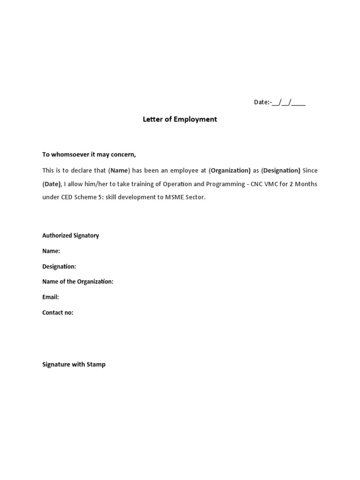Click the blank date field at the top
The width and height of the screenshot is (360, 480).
coord(288,102)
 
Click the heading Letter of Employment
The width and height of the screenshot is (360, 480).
coord(180,119)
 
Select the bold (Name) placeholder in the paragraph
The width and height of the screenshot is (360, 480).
coord(119,170)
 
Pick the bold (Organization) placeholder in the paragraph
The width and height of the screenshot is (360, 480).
coord(230,170)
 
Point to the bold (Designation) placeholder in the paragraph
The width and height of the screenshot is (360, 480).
coord(281,170)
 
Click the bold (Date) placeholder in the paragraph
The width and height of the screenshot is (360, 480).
coord(52,184)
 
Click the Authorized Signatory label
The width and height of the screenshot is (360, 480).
coord(70,235)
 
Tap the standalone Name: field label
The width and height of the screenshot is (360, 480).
coord(51,251)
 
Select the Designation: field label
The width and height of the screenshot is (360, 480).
coord(59,266)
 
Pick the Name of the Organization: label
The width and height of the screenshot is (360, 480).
coord(78,282)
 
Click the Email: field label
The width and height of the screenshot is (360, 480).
coord(50,297)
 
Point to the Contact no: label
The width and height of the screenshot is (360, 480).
coord(58,313)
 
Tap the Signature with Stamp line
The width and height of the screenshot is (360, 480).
coord(74,364)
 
